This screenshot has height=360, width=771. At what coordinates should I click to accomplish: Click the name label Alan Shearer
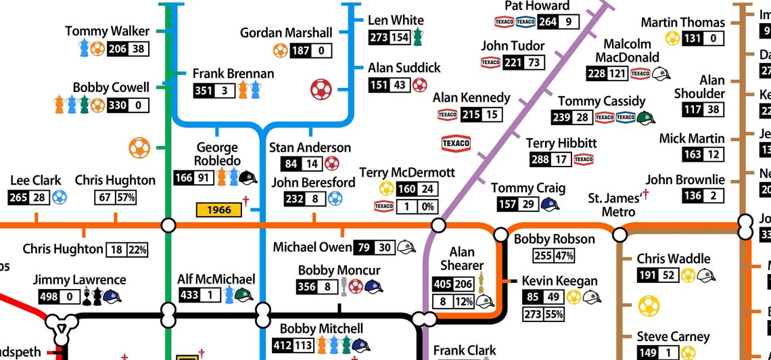tap(462, 259)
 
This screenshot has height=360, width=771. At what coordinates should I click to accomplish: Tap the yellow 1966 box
tap(218, 210)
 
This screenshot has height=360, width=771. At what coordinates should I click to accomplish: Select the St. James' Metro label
tap(614, 205)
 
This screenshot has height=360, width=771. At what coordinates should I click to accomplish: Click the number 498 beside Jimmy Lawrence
tap(47, 296)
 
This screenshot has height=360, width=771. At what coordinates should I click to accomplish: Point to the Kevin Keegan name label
tap(559, 281)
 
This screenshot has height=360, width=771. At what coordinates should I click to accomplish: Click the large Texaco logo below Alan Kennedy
tap(456, 143)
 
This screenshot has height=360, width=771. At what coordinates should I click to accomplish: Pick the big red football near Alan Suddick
tap(321, 89)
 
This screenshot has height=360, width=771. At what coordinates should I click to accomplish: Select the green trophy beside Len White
tap(418, 37)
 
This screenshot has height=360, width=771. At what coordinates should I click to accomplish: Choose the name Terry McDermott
tap(407, 173)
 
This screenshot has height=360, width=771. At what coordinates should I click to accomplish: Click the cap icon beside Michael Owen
tap(406, 248)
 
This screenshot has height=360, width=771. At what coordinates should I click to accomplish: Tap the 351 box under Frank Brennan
tap(204, 91)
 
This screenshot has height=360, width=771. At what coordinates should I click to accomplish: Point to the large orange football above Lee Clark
tap(139, 148)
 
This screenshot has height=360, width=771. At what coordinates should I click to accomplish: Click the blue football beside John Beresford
tap(335, 199)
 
